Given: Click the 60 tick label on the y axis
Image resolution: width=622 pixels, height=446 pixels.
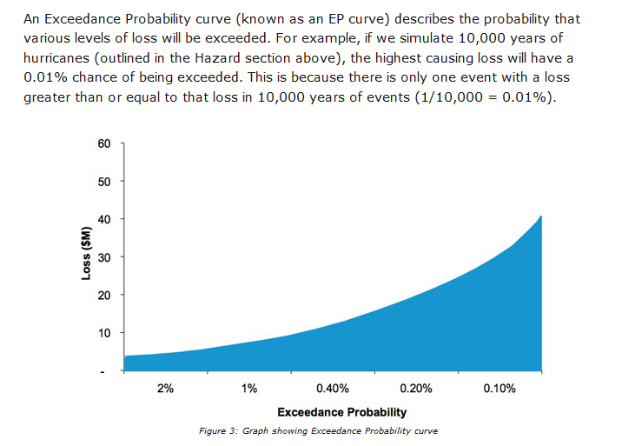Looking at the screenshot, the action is coord(104,143).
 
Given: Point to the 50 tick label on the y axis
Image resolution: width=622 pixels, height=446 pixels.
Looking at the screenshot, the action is coord(104,182).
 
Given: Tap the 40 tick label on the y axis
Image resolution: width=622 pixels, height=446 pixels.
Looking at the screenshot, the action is coord(104,219).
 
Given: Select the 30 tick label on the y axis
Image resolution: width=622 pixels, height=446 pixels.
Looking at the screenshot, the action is coord(104,257).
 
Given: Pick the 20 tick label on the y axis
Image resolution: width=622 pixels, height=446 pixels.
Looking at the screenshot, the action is coord(104,295).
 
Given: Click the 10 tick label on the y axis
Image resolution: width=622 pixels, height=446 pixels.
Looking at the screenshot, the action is coord(104,333).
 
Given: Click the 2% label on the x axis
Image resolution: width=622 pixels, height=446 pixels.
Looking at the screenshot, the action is coord(165,388).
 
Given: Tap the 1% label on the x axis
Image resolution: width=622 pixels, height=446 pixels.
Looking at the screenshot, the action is coord(249,388).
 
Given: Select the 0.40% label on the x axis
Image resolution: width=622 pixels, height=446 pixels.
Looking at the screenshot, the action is coord(333,388).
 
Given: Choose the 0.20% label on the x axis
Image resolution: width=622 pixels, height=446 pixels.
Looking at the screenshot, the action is coord(416,388).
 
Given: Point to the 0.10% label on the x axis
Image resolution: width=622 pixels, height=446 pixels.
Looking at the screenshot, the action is coord(500,388).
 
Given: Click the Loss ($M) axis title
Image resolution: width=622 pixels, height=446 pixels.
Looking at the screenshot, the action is coord(87,253).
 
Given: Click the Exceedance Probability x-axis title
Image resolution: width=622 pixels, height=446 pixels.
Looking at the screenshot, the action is coord(342,412).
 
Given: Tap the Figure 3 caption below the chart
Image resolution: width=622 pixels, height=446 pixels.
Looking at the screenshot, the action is coord(318,431).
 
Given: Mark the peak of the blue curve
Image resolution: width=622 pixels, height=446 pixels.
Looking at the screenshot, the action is coord(541,216).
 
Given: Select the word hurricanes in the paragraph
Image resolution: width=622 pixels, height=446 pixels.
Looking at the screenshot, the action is coord(56,58).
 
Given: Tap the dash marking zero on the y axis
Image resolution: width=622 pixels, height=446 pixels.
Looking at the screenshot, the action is coord(103,372).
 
